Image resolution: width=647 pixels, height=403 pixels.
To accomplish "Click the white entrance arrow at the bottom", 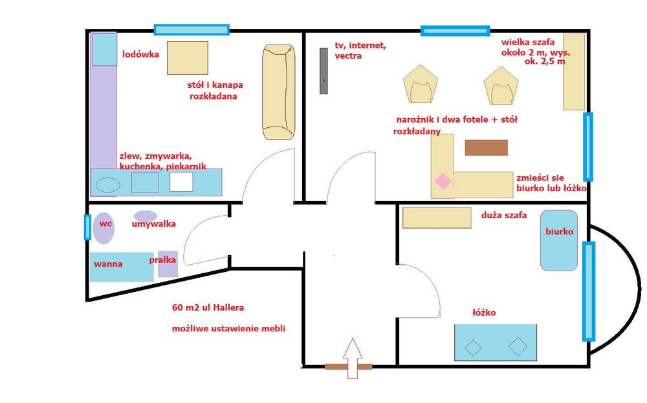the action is [353, 358].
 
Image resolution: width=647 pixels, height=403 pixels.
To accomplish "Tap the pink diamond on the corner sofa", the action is [443, 181].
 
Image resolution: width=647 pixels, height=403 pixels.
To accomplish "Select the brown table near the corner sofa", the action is [486, 147].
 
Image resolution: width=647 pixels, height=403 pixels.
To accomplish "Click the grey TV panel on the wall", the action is [324, 71].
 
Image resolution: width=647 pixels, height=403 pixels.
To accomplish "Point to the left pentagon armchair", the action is [420, 85].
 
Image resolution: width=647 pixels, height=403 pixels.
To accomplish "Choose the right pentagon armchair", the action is [501, 86].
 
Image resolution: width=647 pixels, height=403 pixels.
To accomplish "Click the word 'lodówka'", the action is [140, 54].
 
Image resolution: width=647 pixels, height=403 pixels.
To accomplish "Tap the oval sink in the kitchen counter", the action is [108, 185].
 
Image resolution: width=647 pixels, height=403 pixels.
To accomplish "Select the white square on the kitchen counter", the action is [181, 181].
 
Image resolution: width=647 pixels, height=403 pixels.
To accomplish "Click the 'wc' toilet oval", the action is [103, 228].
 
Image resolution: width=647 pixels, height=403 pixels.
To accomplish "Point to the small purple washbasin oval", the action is [145, 216].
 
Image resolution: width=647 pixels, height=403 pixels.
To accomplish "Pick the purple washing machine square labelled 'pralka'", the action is [168, 264].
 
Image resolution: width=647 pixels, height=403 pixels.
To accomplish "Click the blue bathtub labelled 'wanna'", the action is [122, 267].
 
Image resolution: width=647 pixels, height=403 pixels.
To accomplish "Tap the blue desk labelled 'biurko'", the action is [559, 240].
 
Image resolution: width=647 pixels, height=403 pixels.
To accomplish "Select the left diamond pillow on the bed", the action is [473, 348].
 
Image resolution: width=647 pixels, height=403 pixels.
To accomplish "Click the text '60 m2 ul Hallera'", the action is [208, 307].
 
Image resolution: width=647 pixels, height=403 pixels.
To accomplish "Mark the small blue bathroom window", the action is [87, 227].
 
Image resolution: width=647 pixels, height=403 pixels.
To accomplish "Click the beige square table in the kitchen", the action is [188, 58].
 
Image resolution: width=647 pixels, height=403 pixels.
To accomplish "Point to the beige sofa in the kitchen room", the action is [278, 92].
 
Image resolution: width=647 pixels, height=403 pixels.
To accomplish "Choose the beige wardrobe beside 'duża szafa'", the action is [437, 218].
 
